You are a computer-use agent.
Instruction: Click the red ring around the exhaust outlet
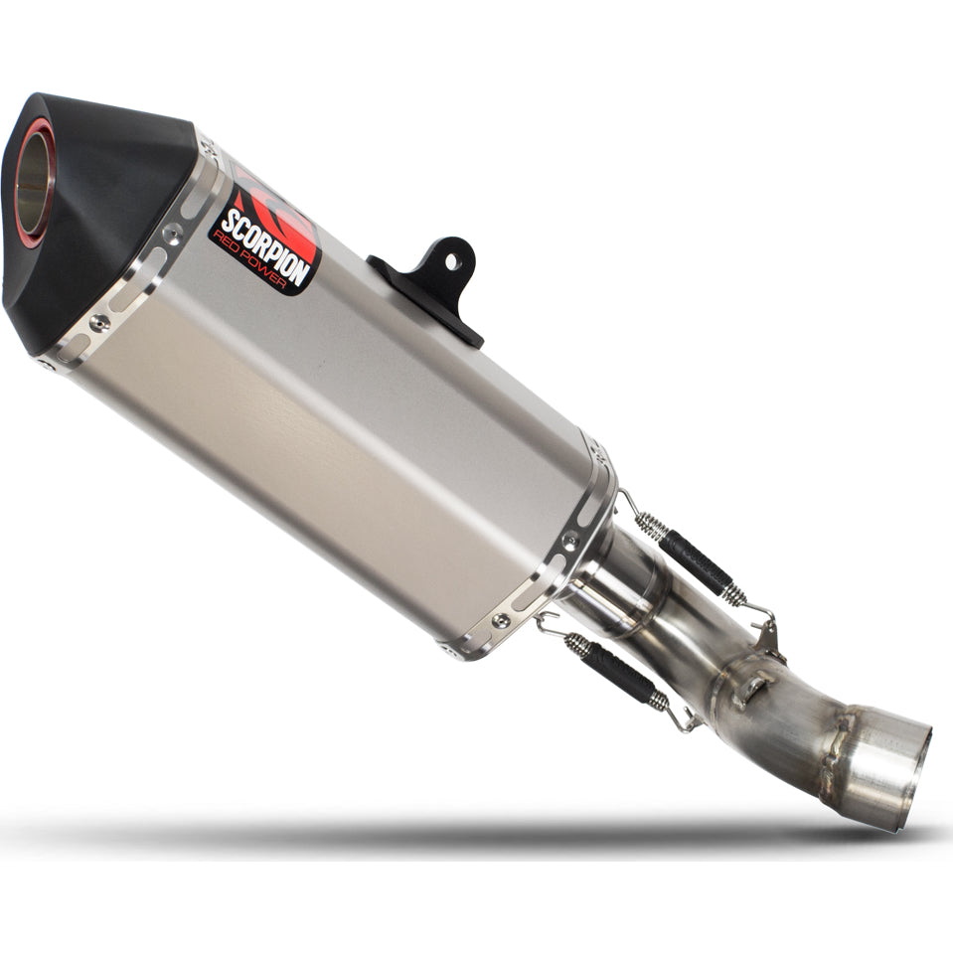[x=38, y=182]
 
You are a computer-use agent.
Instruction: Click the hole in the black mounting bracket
[x=450, y=261]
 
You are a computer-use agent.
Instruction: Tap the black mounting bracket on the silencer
[x=432, y=285]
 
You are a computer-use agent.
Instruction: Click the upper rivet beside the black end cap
[x=173, y=233]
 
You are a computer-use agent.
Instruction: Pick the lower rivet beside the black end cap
[x=99, y=322]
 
